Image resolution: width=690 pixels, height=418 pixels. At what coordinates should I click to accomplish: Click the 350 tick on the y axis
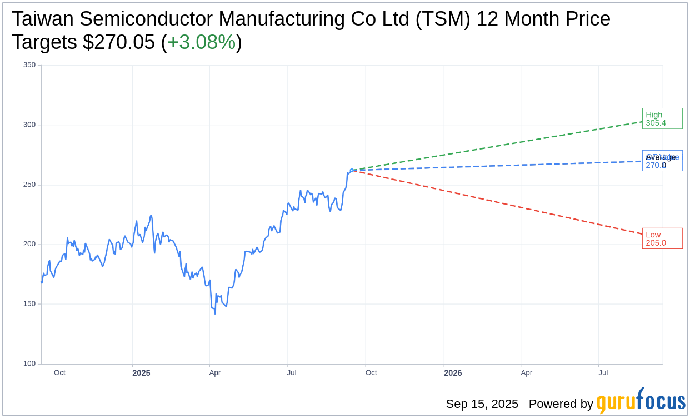click(29, 65)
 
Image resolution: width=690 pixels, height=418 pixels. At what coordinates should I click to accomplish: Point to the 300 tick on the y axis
click(29, 125)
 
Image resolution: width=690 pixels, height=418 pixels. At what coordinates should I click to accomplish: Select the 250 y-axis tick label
click(29, 185)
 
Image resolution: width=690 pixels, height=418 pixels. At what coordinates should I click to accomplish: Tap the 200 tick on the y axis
click(29, 244)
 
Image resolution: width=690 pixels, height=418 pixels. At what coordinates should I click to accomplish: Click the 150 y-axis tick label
click(29, 304)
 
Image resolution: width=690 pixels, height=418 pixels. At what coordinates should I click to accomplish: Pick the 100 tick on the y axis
click(29, 364)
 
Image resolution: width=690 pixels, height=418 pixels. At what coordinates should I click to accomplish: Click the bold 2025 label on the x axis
click(141, 373)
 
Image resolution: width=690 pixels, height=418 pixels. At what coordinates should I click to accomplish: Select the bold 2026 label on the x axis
click(453, 373)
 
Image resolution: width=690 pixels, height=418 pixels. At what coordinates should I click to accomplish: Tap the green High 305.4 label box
click(662, 118)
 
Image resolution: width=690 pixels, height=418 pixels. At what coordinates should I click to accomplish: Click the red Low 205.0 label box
click(662, 238)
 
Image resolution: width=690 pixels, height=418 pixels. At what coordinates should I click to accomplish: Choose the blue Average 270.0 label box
click(662, 161)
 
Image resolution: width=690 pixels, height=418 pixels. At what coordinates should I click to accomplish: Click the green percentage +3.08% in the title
click(201, 42)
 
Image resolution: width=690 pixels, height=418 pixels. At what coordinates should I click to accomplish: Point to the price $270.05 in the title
click(119, 42)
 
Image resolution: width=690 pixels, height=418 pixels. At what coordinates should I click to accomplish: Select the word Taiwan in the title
click(43, 19)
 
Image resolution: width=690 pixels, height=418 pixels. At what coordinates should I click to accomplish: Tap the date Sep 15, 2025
click(482, 404)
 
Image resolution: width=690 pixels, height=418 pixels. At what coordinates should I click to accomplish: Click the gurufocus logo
click(641, 401)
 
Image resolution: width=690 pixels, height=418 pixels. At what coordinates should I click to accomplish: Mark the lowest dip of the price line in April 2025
click(215, 314)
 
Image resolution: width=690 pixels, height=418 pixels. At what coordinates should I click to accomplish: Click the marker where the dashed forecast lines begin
click(352, 170)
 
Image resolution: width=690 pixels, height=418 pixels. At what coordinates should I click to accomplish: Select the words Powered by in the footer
click(561, 404)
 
